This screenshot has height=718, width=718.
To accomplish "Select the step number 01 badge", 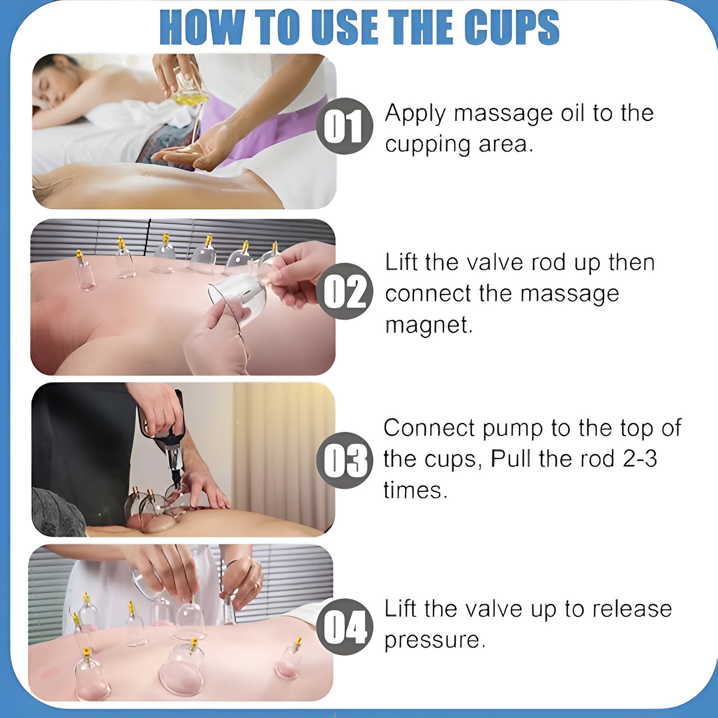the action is point(344,126).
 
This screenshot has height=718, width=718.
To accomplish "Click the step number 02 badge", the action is point(344,291).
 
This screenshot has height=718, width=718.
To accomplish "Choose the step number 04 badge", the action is point(344,627).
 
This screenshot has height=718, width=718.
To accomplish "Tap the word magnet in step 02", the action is point(429,325).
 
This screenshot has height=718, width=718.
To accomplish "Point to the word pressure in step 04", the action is point(435,640).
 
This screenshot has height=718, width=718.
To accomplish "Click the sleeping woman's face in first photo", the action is point(52,84).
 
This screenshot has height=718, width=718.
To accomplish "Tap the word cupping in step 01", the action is point(427,145).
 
